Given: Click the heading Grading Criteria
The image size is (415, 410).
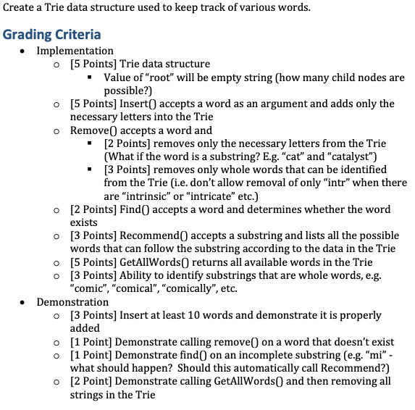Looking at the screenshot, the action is coord(52,34).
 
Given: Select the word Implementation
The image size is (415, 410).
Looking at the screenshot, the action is coord(75,51).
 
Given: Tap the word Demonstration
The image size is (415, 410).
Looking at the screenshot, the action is coord(72,302).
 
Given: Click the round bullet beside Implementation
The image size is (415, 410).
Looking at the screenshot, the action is coord(26,51).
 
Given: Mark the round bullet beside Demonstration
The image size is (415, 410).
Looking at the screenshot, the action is coord(26,303).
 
